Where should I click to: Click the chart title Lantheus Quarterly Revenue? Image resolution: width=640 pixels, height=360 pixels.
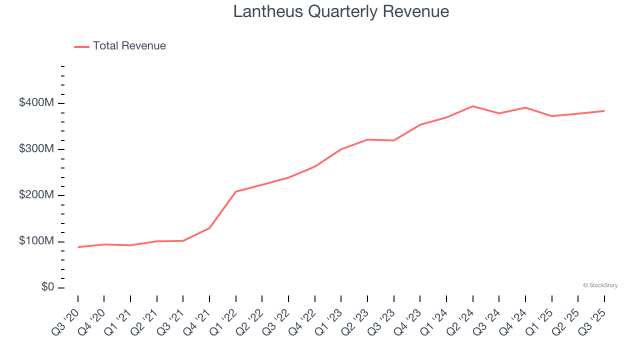(341, 11)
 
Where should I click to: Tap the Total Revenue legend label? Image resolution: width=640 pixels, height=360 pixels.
(129, 46)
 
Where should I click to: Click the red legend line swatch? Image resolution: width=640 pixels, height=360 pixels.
(81, 46)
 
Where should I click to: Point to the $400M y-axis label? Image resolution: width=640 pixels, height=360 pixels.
(36, 103)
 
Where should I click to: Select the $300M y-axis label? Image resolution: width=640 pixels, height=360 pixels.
(36, 149)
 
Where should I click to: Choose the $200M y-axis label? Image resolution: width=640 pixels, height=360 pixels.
(36, 195)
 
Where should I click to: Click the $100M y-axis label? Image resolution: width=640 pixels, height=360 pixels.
(36, 241)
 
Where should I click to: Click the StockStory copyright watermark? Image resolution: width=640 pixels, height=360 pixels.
(600, 285)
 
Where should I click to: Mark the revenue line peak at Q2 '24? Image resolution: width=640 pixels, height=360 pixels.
(472, 106)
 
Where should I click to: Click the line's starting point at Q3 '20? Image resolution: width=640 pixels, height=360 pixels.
(78, 247)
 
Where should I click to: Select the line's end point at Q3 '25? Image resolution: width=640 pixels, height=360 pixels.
(604, 110)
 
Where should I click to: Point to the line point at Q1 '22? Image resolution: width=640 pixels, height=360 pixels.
(236, 191)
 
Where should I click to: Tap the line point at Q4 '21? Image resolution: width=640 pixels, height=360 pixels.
(209, 228)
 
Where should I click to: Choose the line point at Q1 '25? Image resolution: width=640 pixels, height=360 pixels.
(551, 116)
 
